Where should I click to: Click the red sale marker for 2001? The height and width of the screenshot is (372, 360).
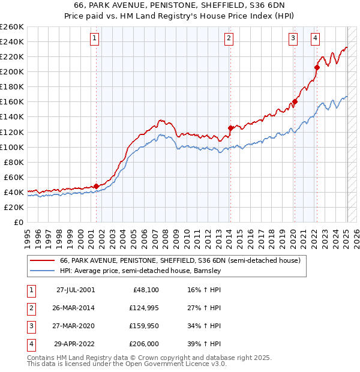[96, 186]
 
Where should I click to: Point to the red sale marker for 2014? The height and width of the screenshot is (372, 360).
[230, 128]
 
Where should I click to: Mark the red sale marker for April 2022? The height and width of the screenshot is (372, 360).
[317, 67]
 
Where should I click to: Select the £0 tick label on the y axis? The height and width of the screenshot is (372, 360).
[18, 222]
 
